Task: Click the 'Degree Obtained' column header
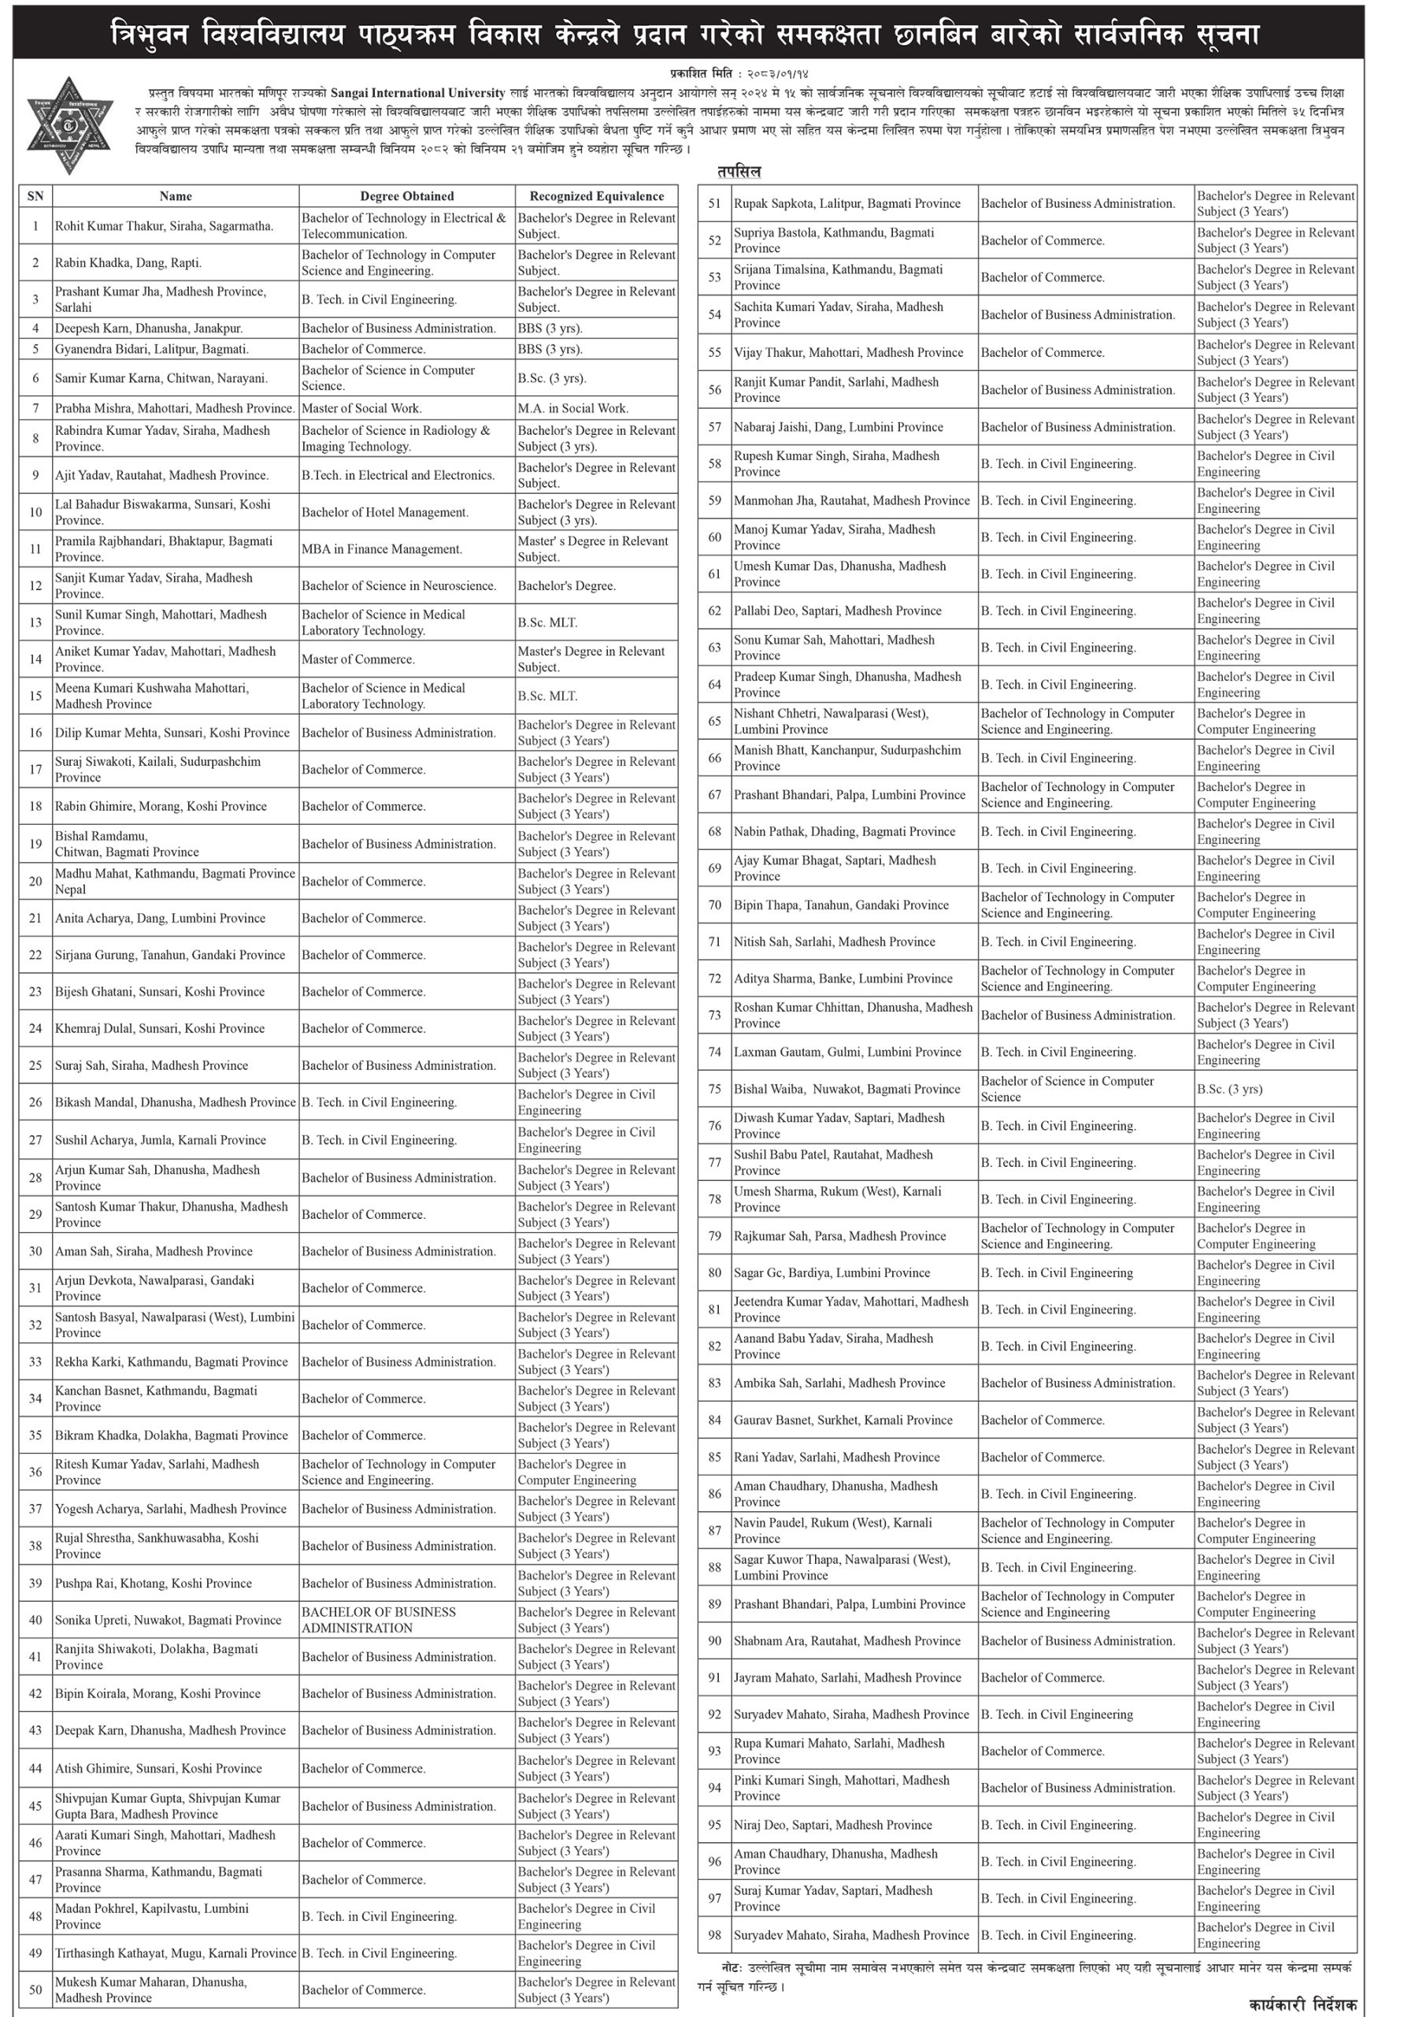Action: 406,196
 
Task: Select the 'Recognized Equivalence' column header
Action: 596,196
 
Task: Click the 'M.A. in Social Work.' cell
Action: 572,407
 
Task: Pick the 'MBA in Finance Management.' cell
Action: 382,549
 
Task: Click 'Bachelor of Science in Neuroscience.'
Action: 398,585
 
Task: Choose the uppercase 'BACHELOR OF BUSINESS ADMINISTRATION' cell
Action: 379,1620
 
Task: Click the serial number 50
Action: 35,1989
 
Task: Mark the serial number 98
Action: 715,1935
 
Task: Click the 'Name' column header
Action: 176,196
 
